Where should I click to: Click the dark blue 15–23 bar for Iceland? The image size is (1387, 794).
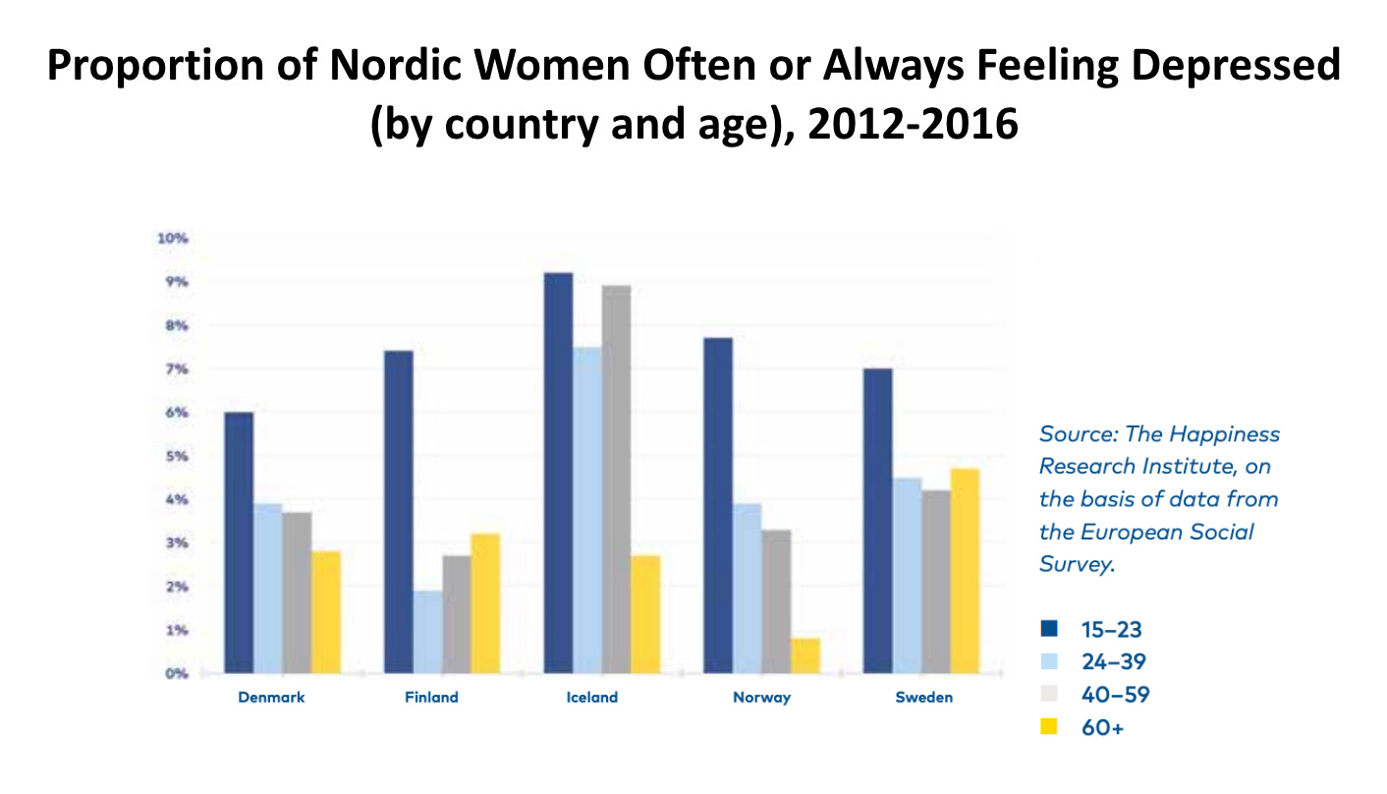(558, 473)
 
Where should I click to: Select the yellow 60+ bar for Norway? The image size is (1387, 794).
(804, 655)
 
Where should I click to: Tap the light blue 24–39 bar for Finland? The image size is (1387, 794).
(427, 631)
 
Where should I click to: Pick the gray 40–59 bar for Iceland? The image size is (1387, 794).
(616, 480)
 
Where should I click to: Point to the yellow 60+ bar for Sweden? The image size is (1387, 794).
(965, 571)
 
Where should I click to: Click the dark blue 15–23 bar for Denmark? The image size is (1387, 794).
(239, 542)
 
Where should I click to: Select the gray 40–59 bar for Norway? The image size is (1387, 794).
(776, 601)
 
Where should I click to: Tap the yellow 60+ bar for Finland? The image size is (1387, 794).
(485, 603)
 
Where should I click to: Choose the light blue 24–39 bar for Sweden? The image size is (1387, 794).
(907, 575)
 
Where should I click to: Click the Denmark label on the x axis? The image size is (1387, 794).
(271, 698)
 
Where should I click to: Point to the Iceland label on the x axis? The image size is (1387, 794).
(592, 698)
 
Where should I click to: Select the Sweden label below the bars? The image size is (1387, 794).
(923, 698)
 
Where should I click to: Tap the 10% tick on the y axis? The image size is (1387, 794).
(175, 239)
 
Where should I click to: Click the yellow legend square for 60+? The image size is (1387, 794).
(1049, 727)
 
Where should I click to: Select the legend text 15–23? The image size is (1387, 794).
(1111, 630)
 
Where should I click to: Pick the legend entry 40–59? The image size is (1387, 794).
(1114, 695)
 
